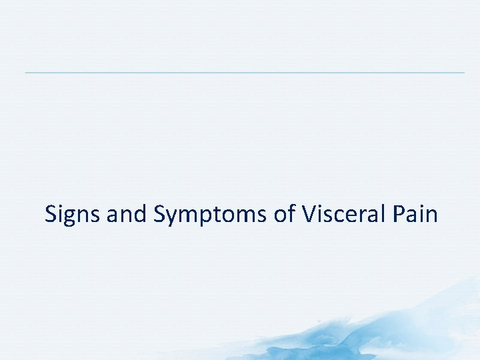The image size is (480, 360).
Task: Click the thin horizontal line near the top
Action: tap(244, 72)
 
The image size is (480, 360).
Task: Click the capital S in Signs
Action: tap(51, 215)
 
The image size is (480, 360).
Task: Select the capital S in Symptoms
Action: tap(160, 215)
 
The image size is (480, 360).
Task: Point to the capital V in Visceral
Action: tap(309, 215)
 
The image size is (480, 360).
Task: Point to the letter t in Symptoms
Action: tap(221, 215)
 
